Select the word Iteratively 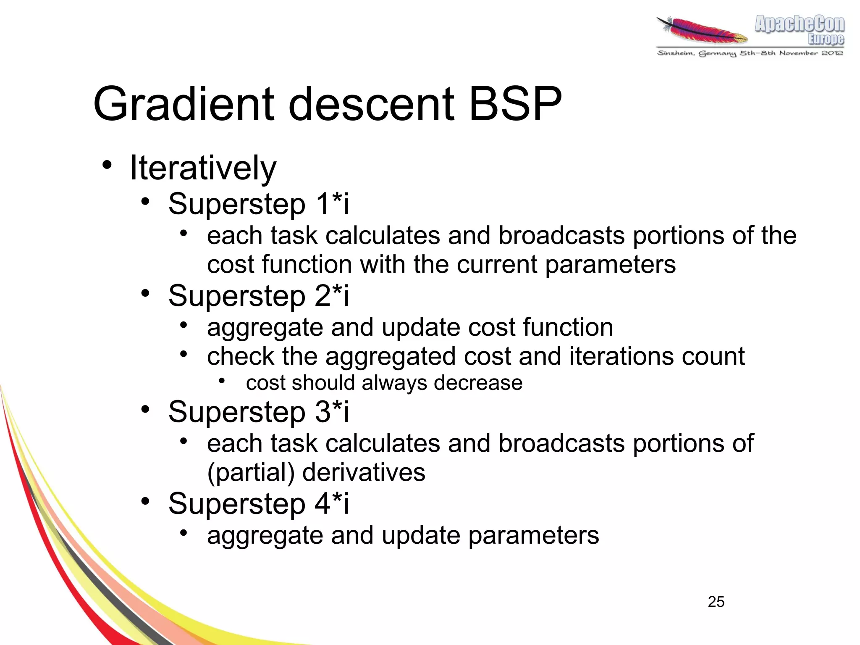[x=203, y=168]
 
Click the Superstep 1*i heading [x=258, y=204]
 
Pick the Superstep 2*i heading [x=258, y=296]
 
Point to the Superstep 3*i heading [x=258, y=412]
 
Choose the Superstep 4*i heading [x=258, y=503]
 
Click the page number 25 [x=716, y=602]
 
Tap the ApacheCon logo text [x=799, y=24]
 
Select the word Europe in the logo [x=826, y=39]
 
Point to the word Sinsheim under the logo [x=675, y=53]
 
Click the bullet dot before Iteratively [x=107, y=165]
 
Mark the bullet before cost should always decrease [x=222, y=381]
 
